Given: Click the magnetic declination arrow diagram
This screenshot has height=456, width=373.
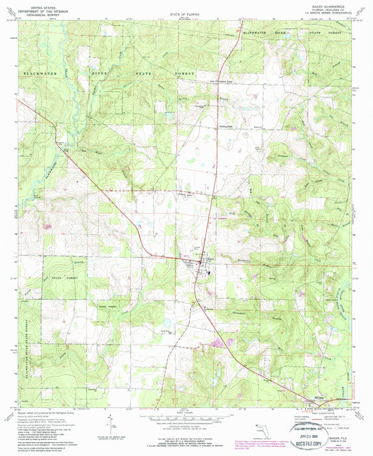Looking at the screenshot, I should [x=112, y=424].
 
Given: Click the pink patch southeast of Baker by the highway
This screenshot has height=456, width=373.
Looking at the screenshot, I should [x=226, y=343].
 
